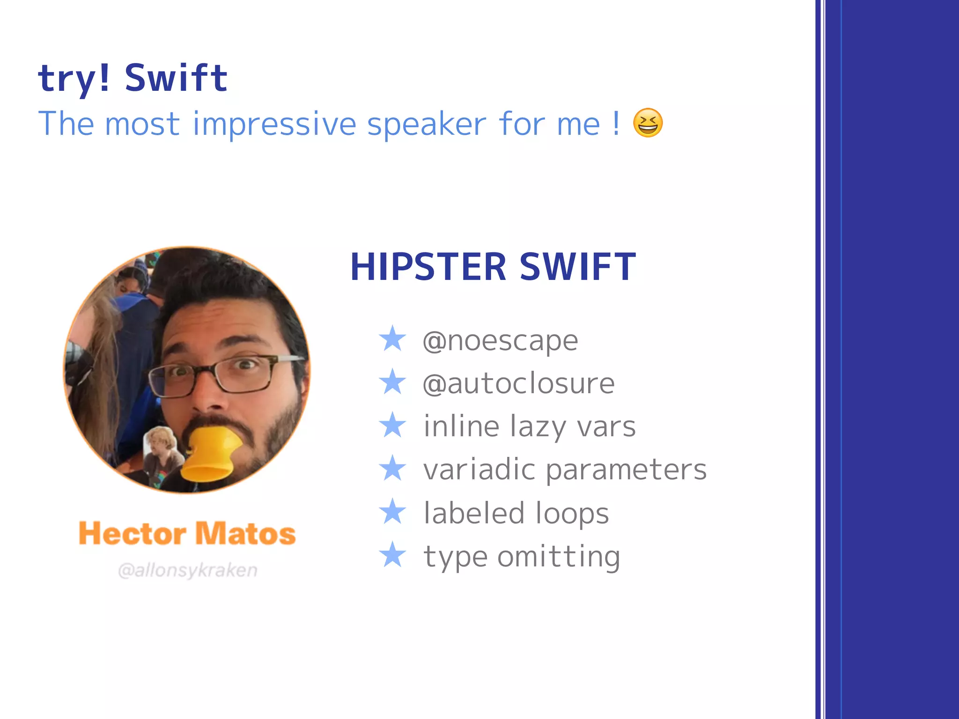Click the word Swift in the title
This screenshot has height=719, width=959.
[x=176, y=78]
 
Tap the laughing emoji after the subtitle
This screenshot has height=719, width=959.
[x=648, y=123]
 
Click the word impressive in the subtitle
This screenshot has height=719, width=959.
[x=274, y=125]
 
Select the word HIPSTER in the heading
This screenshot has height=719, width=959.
[x=428, y=267]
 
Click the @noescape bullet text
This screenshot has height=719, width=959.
[x=500, y=341]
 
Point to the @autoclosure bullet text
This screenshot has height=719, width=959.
[x=518, y=384]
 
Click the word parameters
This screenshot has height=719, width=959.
[x=626, y=470]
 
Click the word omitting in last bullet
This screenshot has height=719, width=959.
[x=559, y=557]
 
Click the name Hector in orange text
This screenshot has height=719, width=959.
[x=133, y=534]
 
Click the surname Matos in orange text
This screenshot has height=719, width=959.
[x=245, y=534]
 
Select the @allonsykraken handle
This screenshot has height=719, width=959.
[x=188, y=570]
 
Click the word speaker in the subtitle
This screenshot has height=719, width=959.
[x=427, y=125]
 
